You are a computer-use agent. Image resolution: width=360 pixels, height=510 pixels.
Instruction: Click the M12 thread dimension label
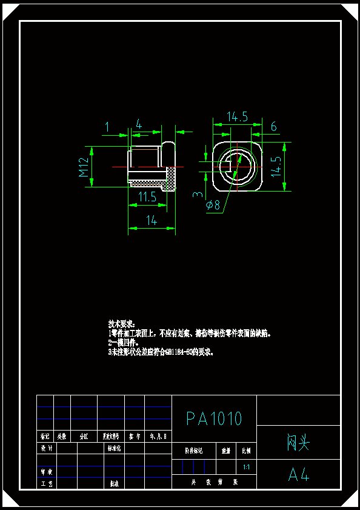pyautogui.click(x=84, y=166)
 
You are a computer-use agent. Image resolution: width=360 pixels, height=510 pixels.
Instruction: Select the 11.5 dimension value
pyautogui.click(x=147, y=196)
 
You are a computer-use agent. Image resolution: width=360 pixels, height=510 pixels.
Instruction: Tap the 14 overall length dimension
pyautogui.click(x=152, y=221)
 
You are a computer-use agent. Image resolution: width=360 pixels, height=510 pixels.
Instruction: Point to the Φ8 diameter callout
pyautogui.click(x=213, y=205)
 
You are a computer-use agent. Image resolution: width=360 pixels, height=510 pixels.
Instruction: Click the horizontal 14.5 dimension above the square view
pyautogui.click(x=237, y=116)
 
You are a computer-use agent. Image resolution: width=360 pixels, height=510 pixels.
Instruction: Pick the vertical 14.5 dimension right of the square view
pyautogui.click(x=276, y=166)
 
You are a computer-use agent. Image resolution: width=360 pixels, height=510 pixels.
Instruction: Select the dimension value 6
pyautogui.click(x=274, y=126)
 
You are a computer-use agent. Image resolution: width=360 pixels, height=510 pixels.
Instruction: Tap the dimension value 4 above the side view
pyautogui.click(x=139, y=124)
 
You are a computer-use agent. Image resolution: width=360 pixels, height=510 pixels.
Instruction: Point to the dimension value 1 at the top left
pyautogui.click(x=107, y=126)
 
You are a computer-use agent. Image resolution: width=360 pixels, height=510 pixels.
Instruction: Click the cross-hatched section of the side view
pyautogui.click(x=171, y=177)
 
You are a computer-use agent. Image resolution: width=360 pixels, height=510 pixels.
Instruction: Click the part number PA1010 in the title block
pyautogui.click(x=214, y=418)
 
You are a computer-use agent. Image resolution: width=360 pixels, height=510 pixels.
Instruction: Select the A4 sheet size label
pyautogui.click(x=299, y=474)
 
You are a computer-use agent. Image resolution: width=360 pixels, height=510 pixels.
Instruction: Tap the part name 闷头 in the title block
pyautogui.click(x=298, y=443)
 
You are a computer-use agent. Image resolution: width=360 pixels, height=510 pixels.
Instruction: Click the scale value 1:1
pyautogui.click(x=246, y=468)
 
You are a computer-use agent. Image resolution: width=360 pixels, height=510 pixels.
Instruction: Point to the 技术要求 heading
pyautogui.click(x=122, y=324)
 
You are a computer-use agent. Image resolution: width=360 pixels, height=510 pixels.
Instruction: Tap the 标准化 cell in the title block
pyautogui.click(x=115, y=449)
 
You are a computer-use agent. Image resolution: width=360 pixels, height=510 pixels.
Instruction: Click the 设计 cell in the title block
pyautogui.click(x=46, y=449)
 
